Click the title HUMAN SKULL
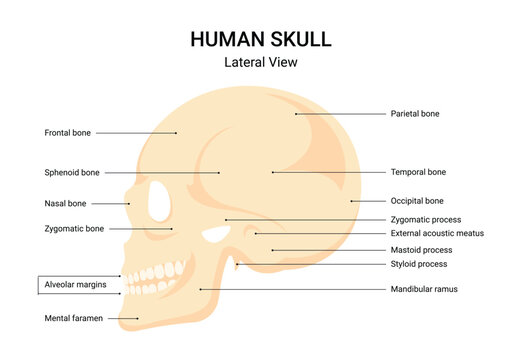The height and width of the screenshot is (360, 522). coord(260,39)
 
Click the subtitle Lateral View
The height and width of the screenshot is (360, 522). coord(260,62)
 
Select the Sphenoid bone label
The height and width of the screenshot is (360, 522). coord(72,172)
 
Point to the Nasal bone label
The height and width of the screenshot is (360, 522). coord(66,203)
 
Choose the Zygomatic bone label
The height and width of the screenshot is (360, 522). coord(74,229)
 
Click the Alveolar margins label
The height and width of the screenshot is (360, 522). coord(75,285)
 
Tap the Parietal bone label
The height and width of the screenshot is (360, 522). coord(415,114)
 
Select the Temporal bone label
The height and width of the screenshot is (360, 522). coord(418,172)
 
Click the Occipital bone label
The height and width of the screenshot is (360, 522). coord(417,201)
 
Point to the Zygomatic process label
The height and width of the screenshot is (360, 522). coord(425,219)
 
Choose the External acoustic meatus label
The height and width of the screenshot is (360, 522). coord(437,233)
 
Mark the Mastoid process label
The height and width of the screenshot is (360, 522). coord(421,250)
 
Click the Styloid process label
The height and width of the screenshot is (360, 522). coord(419,264)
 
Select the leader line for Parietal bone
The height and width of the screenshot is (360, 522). coord(340,114)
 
